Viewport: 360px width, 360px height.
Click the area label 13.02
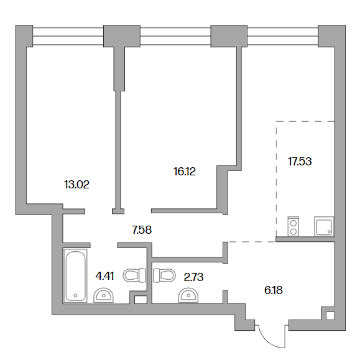pos(76,185)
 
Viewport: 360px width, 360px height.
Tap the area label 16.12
pos(185,172)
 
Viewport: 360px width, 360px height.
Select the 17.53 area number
pos(300,162)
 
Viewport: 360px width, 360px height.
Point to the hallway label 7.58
pos(142,230)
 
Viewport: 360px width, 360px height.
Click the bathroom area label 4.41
pos(104,275)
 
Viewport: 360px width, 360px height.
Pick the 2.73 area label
pos(193,277)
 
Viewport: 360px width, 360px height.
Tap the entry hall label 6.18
pos(273,290)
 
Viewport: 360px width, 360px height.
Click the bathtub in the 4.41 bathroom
pos(75,275)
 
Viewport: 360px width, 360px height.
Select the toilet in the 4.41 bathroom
pos(134,275)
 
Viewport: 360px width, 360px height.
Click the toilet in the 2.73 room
pos(164,275)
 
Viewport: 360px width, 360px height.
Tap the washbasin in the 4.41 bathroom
pos(104,295)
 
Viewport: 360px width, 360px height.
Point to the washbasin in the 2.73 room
pos(188,295)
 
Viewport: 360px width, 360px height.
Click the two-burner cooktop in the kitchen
pos(293,226)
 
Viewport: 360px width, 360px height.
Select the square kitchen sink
pos(324,226)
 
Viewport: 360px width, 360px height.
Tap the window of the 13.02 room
pos(68,36)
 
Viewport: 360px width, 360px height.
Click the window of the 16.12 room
pos(175,36)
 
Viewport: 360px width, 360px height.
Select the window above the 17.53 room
pos(283,36)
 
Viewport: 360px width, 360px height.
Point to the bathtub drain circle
pos(75,296)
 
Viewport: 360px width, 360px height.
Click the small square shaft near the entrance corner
pos(330,315)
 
